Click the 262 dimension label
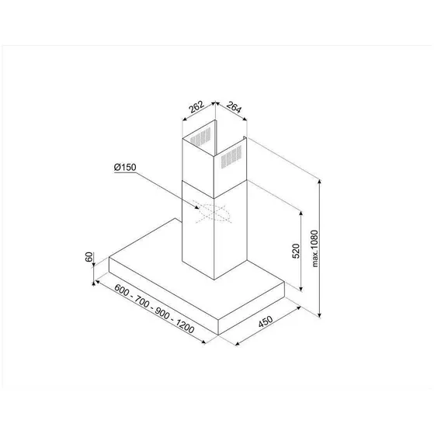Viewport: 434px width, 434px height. pos(197,108)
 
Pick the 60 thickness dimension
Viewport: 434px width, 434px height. pos(91,257)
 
